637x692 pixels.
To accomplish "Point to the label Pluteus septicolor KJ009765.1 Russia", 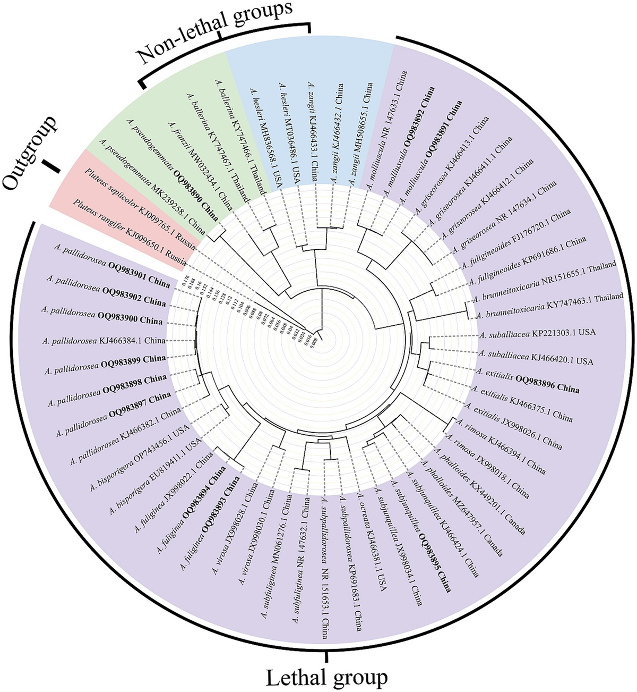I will pyautogui.click(x=141, y=210).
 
